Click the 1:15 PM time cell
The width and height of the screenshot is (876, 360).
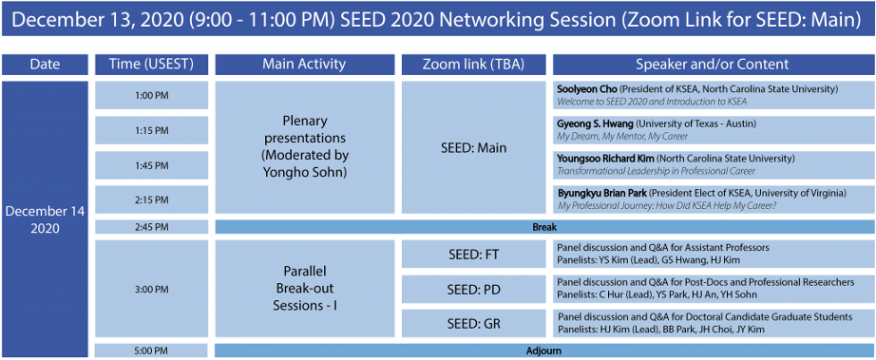[x=151, y=130]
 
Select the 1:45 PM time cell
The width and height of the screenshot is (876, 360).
[x=151, y=165]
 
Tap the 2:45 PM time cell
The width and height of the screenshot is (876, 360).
[x=151, y=227]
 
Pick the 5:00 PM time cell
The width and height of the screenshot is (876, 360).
[x=151, y=351]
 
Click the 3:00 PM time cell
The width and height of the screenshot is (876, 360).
[x=151, y=289]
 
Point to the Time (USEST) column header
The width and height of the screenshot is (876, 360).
[x=151, y=65]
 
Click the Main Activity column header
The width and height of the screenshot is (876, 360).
[x=304, y=65]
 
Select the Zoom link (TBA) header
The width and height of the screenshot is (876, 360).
[x=474, y=65]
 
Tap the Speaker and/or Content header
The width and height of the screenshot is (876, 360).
[x=713, y=65]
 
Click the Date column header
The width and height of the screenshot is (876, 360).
[x=45, y=65]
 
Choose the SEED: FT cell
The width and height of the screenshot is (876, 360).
[x=474, y=255]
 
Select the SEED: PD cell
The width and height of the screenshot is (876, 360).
[x=474, y=289]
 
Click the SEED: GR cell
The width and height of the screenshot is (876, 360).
[x=474, y=323]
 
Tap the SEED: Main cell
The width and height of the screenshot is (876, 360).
[x=474, y=148]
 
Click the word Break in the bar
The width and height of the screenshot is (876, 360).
[x=544, y=228]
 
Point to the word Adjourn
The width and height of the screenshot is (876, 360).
[x=543, y=351]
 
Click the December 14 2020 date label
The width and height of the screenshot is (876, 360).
[x=44, y=220]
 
